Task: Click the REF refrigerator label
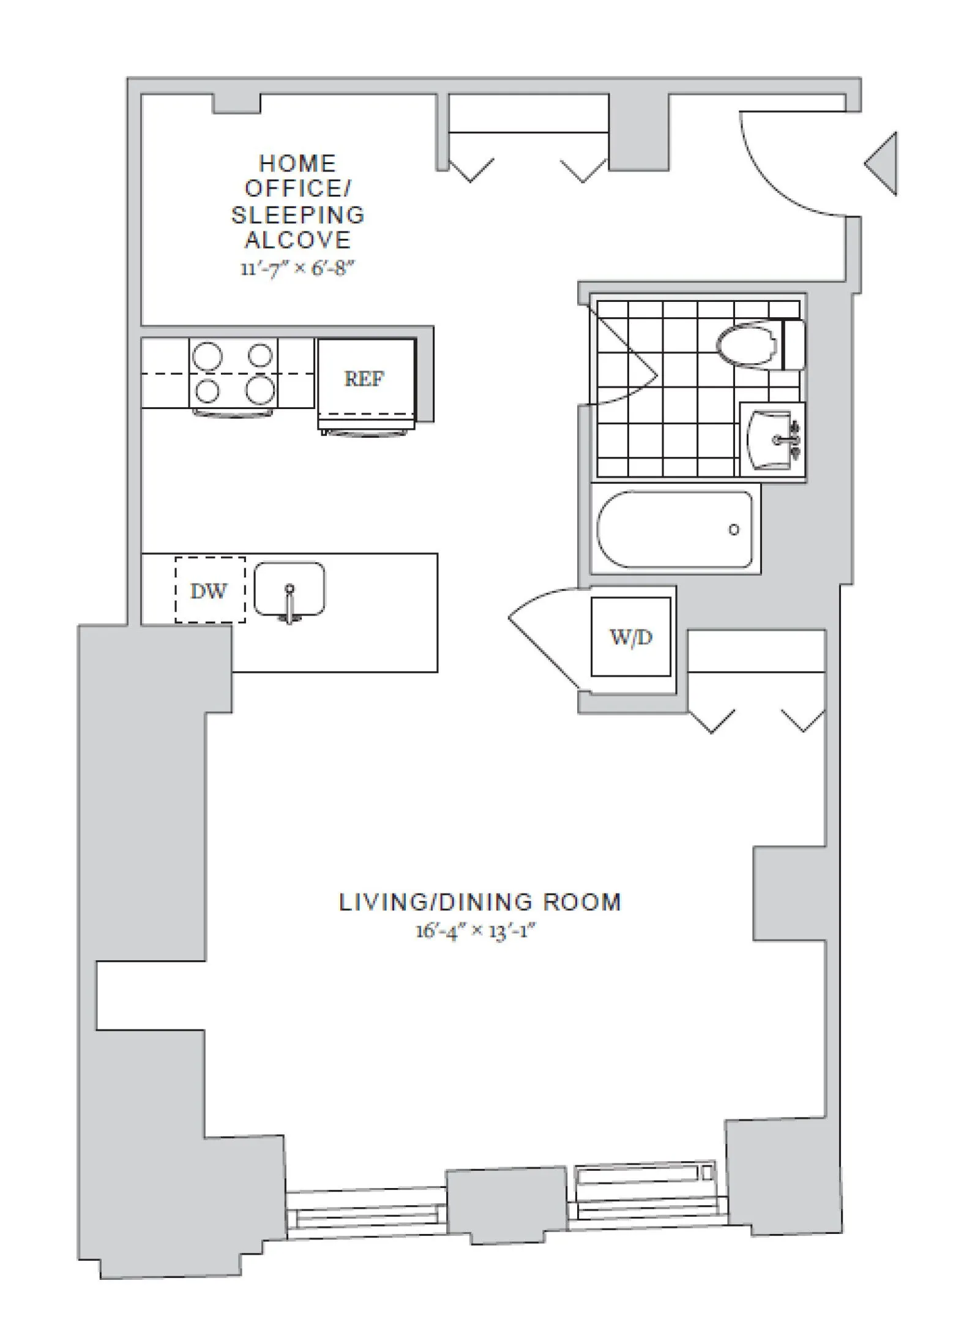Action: [364, 379]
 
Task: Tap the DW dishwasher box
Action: [210, 590]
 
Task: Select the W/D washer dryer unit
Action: [630, 637]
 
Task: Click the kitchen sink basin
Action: [290, 589]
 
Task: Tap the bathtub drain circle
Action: [734, 530]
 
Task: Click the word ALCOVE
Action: [298, 240]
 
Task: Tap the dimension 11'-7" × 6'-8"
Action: [297, 268]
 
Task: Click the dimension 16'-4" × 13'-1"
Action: [476, 931]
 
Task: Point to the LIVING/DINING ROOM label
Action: [480, 903]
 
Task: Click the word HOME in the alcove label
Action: [297, 164]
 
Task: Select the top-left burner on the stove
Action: [207, 356]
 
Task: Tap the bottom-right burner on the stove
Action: [260, 389]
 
